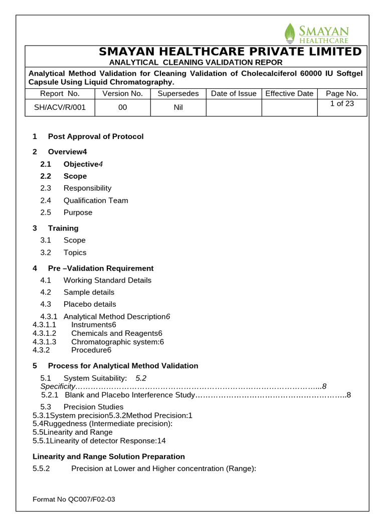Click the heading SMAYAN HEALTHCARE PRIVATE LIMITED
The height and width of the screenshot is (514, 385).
(230, 52)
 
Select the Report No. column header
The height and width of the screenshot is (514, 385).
(60, 93)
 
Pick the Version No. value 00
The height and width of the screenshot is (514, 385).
(122, 107)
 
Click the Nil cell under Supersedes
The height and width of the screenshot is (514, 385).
(178, 107)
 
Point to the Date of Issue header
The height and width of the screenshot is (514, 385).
(234, 93)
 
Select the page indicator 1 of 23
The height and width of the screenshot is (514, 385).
(342, 104)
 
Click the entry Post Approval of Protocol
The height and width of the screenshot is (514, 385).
(95, 137)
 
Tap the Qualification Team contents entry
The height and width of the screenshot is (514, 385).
(95, 200)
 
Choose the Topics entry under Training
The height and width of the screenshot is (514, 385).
(75, 252)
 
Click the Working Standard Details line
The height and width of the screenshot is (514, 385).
(107, 280)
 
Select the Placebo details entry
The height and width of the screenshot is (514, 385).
(89, 304)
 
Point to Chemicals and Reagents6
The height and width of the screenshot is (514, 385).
(117, 333)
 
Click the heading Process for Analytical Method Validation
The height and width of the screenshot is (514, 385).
(123, 365)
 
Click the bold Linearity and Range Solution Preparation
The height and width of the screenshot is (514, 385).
(108, 456)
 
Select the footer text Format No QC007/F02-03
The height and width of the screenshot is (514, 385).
(74, 499)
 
